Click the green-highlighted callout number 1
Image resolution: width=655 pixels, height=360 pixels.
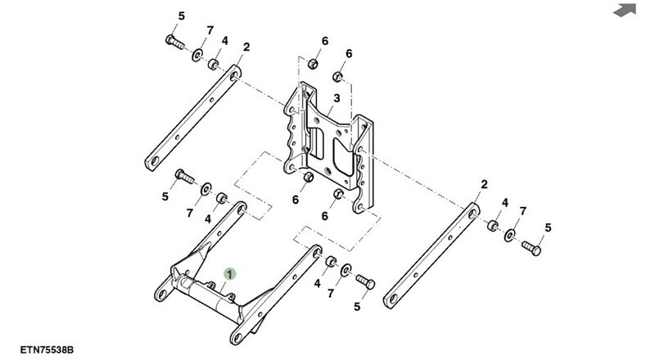click(x=231, y=275)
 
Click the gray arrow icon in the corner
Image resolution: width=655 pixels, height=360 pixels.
click(x=626, y=10)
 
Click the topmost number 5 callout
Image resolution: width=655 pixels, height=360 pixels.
click(x=182, y=16)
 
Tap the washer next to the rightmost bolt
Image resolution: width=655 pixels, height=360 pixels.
click(x=510, y=235)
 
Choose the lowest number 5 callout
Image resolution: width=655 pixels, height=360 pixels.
click(x=357, y=307)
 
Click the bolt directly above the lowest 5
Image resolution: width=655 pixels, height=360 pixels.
click(x=365, y=282)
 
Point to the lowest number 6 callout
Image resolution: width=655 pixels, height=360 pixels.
click(x=324, y=216)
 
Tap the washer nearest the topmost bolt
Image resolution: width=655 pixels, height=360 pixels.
click(x=197, y=55)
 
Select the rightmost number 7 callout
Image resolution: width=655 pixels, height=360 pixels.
click(x=523, y=212)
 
